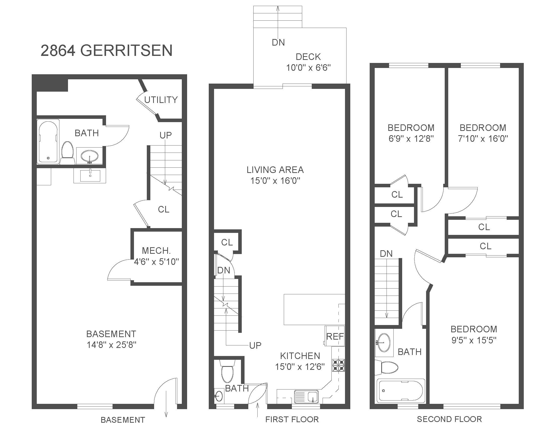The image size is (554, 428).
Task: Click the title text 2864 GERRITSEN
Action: click(107, 50)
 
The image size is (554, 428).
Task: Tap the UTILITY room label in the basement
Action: click(161, 100)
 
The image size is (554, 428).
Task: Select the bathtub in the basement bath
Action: click(48, 141)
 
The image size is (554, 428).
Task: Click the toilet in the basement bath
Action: click(67, 153)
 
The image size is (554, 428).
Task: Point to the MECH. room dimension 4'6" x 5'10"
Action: click(157, 262)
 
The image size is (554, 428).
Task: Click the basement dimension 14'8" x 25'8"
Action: click(112, 345)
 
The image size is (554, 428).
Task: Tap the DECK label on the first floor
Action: click(308, 57)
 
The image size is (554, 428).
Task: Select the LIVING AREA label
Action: click(275, 170)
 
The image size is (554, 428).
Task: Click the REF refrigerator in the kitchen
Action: click(335, 336)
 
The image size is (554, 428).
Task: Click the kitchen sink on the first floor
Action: click(306, 396)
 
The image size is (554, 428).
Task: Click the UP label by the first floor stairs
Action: click(255, 345)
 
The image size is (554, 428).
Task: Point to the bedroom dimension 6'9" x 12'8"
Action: click(411, 138)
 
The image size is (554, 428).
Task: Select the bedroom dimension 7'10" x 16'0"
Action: click(483, 138)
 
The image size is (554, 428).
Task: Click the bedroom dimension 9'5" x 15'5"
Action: click(474, 340)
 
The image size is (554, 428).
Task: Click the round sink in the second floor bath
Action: click(384, 342)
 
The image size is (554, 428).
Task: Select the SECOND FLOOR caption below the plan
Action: click(449, 419)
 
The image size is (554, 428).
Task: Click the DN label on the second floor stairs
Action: click(386, 254)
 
